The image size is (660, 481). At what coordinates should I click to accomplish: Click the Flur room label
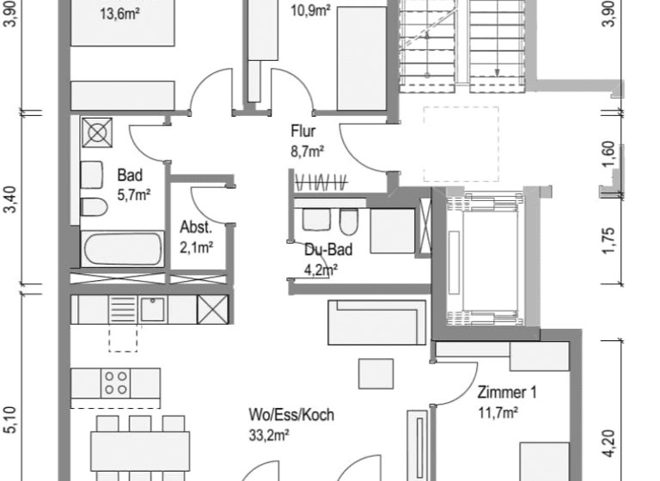pyautogui.click(x=303, y=132)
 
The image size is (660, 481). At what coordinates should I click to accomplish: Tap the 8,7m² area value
pyautogui.click(x=307, y=151)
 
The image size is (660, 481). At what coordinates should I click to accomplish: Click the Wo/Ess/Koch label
pyautogui.click(x=291, y=416)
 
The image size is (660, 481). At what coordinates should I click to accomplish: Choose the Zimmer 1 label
pyautogui.click(x=507, y=393)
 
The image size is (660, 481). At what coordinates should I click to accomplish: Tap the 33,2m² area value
pyautogui.click(x=269, y=434)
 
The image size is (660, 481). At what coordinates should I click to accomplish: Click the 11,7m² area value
pyautogui.click(x=498, y=414)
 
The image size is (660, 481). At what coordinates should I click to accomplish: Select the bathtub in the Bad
pyautogui.click(x=122, y=250)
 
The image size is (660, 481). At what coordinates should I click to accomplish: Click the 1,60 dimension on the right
pyautogui.click(x=608, y=155)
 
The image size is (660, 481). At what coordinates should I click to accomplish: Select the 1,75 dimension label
pyautogui.click(x=608, y=241)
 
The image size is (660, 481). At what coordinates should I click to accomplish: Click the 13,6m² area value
pyautogui.click(x=119, y=14)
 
